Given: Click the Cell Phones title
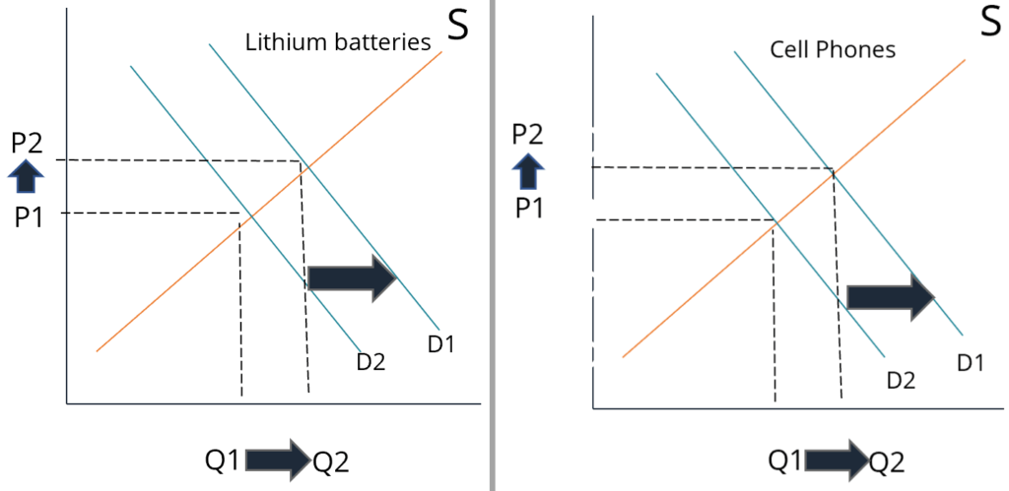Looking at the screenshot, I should (x=832, y=49).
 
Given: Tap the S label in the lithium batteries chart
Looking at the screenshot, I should (x=458, y=26).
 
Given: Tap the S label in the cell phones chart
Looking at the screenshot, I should (x=988, y=24).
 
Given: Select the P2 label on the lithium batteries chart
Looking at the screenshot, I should (x=27, y=143).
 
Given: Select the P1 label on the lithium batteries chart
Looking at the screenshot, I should (x=27, y=215).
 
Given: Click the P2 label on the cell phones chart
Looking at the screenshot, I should (x=528, y=134).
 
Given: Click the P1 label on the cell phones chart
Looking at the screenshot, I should (x=528, y=208).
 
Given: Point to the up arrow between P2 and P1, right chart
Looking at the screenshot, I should (x=528, y=171).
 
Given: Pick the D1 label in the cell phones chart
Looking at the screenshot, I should (x=970, y=362).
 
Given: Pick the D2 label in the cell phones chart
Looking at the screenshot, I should (x=902, y=379).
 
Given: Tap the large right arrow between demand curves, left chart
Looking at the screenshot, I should (x=352, y=278).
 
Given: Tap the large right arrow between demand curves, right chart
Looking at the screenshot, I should (x=891, y=296).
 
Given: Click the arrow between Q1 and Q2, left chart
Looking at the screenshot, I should (x=278, y=460).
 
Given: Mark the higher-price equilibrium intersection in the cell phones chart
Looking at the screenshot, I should (x=834, y=170).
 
